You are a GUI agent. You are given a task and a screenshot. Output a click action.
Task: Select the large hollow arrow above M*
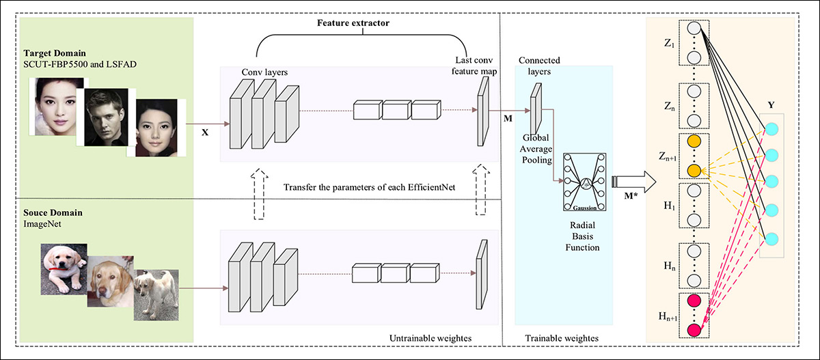633,181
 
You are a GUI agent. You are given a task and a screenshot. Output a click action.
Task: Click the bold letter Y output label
770,106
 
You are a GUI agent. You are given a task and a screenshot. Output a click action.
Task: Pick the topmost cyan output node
771,130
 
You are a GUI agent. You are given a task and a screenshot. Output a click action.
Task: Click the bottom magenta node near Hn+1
694,331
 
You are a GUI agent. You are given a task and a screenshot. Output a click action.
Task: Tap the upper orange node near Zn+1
694,141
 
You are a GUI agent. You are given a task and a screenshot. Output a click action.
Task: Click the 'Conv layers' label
264,72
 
